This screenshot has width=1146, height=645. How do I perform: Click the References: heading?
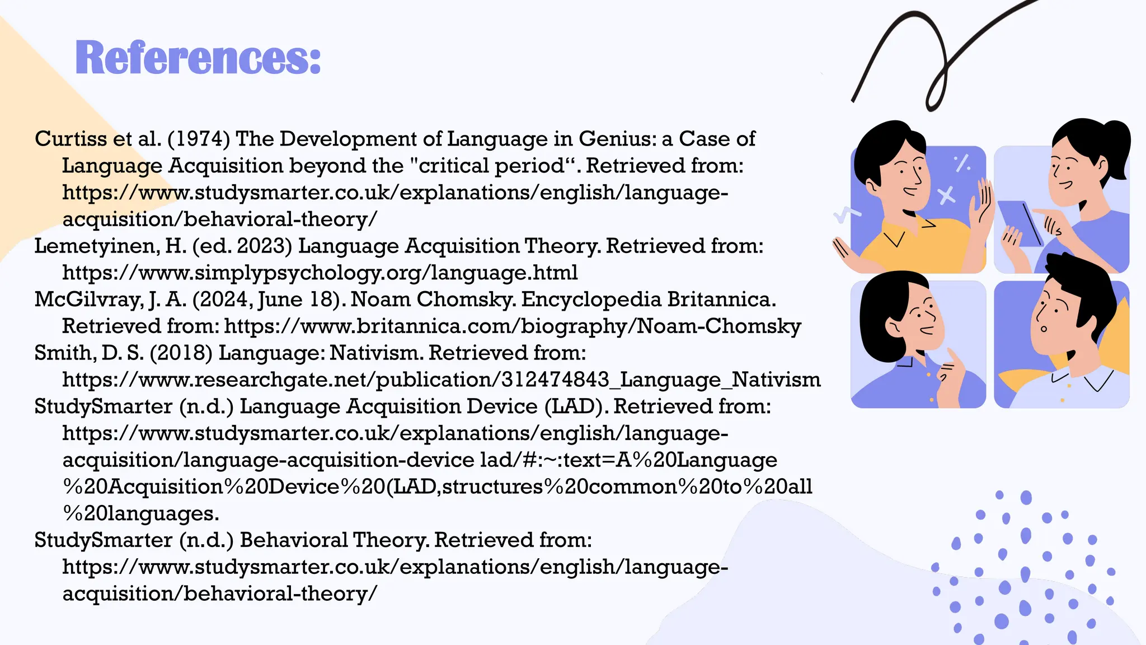(198, 58)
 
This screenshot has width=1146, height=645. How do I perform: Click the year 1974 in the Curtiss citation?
(199, 139)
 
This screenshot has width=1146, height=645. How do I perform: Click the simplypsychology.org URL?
(320, 273)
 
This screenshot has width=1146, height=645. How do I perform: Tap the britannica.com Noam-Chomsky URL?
(512, 326)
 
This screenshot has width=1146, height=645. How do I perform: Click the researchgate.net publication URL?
(441, 380)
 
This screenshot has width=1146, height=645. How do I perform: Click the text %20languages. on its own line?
(140, 513)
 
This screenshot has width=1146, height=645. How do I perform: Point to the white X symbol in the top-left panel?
(946, 196)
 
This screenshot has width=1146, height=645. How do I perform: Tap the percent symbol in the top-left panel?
(962, 163)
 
